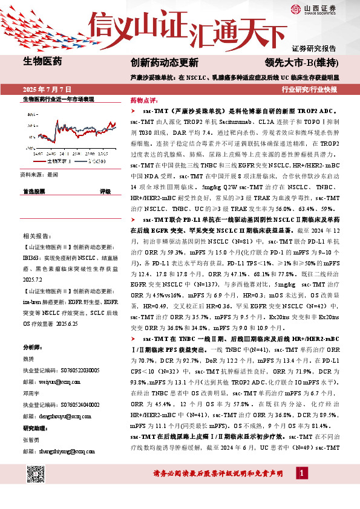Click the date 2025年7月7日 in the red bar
(46, 89)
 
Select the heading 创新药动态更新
(164, 62)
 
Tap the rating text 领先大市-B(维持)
(300, 62)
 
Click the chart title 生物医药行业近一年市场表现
(58, 99)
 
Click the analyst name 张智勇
(31, 440)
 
